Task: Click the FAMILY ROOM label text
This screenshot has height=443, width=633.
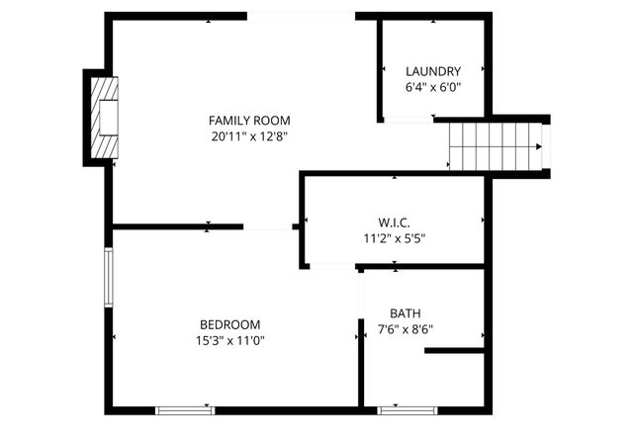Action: [248, 120]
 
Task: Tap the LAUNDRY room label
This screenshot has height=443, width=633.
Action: [433, 71]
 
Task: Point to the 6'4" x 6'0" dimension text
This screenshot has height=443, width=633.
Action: [433, 87]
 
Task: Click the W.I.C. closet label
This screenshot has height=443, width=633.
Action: [394, 221]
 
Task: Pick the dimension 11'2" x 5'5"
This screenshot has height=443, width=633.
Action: [394, 237]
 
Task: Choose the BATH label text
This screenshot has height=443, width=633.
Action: [405, 312]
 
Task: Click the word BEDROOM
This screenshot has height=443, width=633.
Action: [230, 324]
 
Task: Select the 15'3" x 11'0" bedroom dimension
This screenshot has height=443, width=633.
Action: [230, 340]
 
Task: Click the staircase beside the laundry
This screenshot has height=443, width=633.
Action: [495, 146]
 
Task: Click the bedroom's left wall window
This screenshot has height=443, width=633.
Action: [110, 277]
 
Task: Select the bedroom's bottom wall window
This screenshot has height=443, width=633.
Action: [185, 408]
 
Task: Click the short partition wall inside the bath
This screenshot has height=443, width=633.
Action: [455, 350]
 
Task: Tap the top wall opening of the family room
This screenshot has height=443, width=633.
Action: [301, 16]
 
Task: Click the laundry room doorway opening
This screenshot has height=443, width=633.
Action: [407, 120]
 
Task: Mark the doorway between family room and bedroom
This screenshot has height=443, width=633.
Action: [268, 227]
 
